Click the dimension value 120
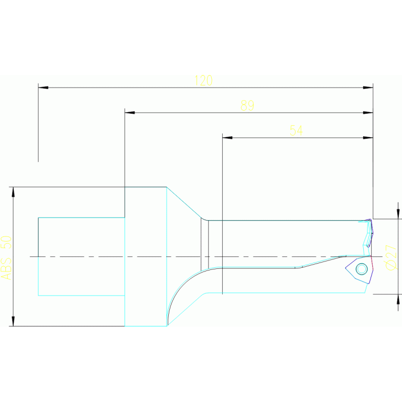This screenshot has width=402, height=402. [203, 80]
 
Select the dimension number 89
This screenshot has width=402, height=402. [247, 105]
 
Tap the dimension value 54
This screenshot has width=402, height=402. [296, 131]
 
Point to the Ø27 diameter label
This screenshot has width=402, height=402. [390, 257]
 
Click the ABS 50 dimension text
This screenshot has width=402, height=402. [6, 257]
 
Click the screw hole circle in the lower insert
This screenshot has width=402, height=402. [361, 269]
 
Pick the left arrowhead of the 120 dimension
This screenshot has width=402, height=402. [43, 87]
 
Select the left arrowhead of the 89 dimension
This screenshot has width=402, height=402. [129, 112]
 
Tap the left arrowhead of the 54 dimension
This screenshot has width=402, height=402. [227, 137]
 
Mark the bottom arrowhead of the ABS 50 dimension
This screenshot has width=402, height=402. [13, 321]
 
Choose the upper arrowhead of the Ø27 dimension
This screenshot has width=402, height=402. [398, 214]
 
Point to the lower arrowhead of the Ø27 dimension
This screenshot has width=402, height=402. [398, 299]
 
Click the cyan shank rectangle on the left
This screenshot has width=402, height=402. [81, 256]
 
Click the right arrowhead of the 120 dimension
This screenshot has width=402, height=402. [368, 87]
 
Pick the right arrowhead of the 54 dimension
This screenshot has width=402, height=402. [368, 137]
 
